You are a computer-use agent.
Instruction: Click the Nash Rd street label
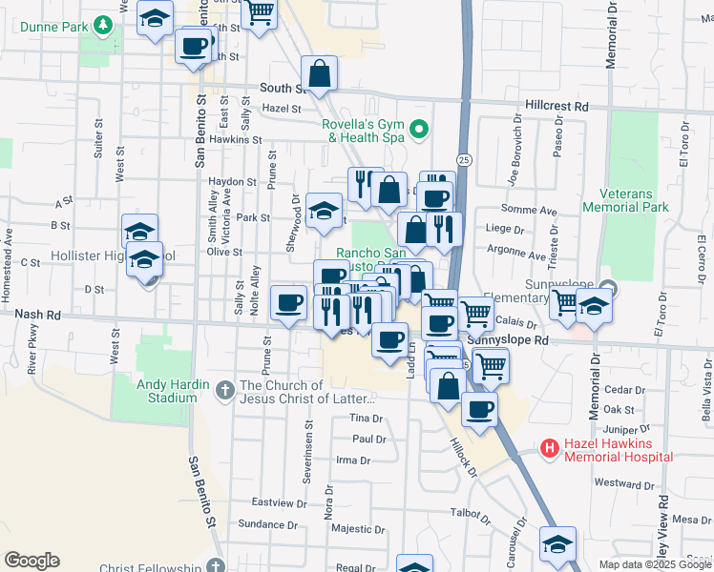tap(37, 312)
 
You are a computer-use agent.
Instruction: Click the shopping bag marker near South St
tap(320, 73)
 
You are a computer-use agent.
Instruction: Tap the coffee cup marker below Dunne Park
tap(194, 45)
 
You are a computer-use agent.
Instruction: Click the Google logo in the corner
tap(31, 561)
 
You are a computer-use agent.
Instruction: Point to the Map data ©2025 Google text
tap(654, 564)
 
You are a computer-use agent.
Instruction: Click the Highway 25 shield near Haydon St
tap(463, 159)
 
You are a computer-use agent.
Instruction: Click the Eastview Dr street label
tap(277, 501)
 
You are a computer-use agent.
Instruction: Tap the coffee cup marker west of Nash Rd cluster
tap(289, 303)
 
